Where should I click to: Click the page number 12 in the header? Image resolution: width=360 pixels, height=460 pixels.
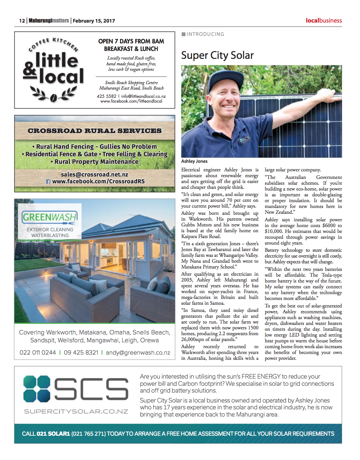22,21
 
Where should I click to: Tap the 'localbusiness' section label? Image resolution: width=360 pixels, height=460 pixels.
323,21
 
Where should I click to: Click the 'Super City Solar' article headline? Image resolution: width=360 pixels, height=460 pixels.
217,55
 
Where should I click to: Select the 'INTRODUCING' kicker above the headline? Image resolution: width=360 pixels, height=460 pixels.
205,34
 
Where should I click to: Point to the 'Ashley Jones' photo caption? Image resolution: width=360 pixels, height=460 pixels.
194,161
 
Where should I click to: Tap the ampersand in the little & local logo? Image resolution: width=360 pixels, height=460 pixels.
30,70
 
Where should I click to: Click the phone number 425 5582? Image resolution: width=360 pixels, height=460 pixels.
106,96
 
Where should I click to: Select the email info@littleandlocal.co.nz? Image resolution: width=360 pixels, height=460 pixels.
143,96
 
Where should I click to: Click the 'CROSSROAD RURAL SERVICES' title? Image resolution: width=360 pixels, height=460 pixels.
95,131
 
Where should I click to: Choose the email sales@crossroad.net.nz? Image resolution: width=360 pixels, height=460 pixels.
94,174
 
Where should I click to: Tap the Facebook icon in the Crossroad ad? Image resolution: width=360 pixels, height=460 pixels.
48,182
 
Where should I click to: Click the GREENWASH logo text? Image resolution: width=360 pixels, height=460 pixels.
50,217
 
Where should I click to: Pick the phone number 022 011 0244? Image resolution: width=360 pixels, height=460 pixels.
38,353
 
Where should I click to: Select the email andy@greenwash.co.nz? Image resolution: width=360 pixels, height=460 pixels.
138,353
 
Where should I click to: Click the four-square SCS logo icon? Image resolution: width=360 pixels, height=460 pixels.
37,389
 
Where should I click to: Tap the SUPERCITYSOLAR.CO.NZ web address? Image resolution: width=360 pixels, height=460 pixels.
76,411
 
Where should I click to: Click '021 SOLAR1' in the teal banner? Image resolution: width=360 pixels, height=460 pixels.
53,434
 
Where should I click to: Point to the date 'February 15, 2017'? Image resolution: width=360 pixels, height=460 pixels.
94,21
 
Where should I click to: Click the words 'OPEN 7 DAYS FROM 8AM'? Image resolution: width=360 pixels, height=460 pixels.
131,41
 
